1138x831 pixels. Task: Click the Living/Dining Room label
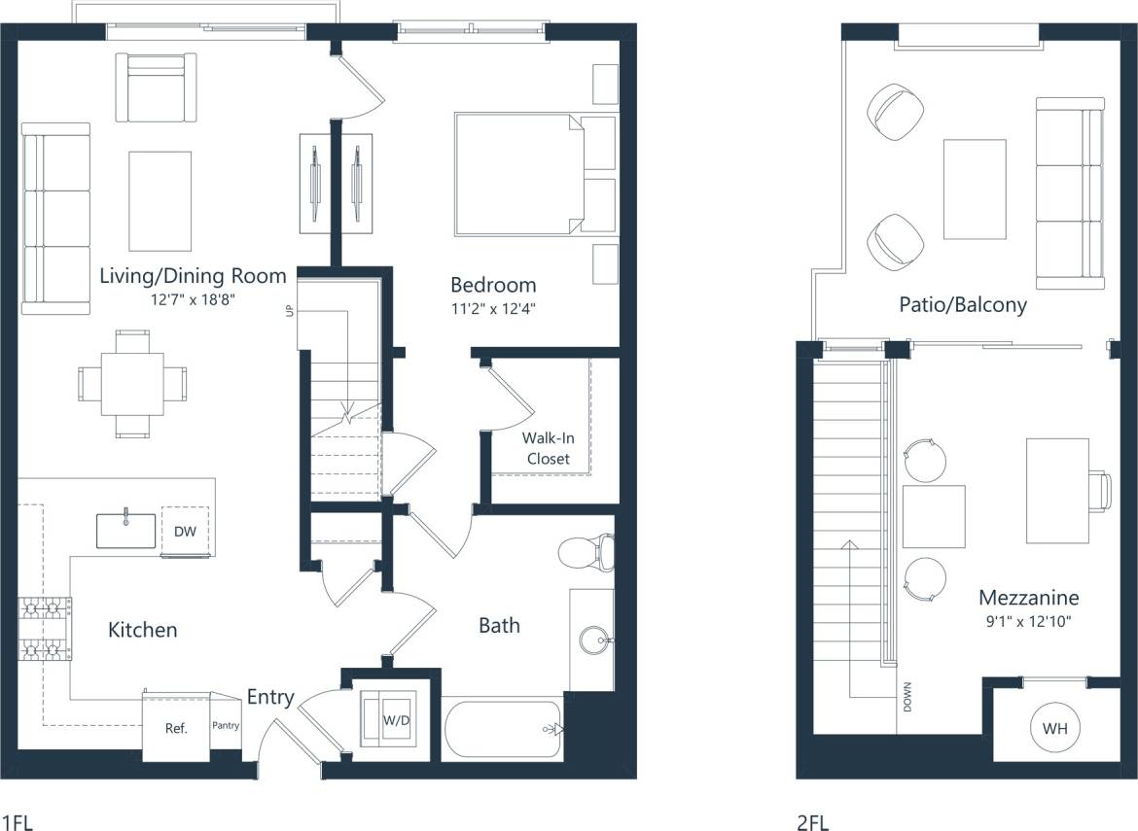pyautogui.click(x=193, y=276)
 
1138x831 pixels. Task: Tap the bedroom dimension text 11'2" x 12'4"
pyautogui.click(x=493, y=310)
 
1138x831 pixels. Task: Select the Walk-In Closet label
pyautogui.click(x=548, y=448)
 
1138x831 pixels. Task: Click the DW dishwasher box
pyautogui.click(x=185, y=532)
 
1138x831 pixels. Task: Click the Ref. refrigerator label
pyautogui.click(x=175, y=727)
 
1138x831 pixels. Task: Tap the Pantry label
pyautogui.click(x=226, y=725)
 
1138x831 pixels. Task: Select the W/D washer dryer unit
pyautogui.click(x=388, y=720)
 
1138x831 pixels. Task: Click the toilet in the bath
pyautogui.click(x=587, y=552)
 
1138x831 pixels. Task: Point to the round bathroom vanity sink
pyautogui.click(x=593, y=641)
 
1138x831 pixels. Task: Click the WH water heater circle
pyautogui.click(x=1053, y=727)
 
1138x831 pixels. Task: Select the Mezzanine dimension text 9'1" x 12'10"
pyautogui.click(x=1028, y=621)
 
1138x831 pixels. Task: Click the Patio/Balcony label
pyautogui.click(x=963, y=305)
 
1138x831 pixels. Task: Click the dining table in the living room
pyautogui.click(x=131, y=384)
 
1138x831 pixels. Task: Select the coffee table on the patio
pyautogui.click(x=975, y=190)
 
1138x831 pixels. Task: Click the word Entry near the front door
pyautogui.click(x=269, y=697)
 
